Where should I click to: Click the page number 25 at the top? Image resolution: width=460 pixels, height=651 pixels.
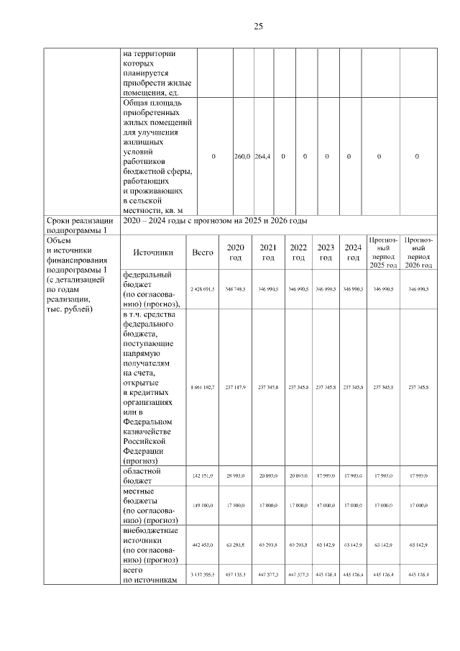(x=258, y=27)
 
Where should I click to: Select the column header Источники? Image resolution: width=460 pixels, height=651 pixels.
(x=153, y=252)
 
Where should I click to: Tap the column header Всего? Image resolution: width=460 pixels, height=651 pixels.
(x=203, y=252)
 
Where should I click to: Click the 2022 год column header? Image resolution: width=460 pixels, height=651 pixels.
(x=298, y=252)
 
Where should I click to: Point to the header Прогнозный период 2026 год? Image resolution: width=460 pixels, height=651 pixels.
(x=418, y=252)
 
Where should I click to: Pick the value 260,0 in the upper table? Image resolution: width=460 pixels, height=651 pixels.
(x=242, y=156)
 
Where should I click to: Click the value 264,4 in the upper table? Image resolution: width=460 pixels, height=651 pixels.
(x=264, y=156)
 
